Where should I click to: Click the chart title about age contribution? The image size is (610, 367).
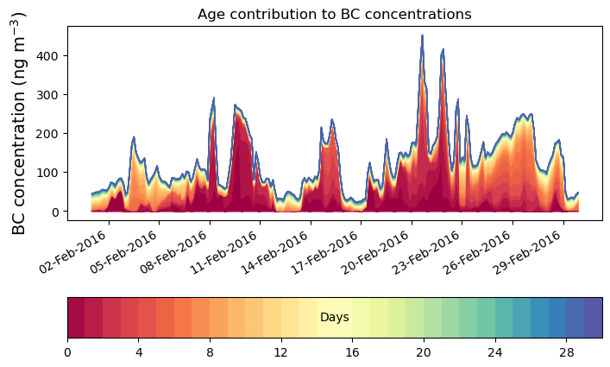pyautogui.click(x=334, y=14)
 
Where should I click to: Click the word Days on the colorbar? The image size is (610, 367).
pyautogui.click(x=334, y=318)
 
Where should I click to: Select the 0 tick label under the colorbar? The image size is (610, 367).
pyautogui.click(x=67, y=352)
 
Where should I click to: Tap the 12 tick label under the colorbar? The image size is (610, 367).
pyautogui.click(x=281, y=352)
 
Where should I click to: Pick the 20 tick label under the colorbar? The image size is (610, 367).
pyautogui.click(x=424, y=352)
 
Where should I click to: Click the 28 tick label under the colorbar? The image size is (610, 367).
pyautogui.click(x=566, y=352)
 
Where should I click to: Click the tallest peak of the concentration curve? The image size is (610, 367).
pyautogui.click(x=422, y=36)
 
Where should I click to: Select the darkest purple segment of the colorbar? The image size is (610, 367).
pyautogui.click(x=593, y=318)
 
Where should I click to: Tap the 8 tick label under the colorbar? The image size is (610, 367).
pyautogui.click(x=210, y=352)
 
